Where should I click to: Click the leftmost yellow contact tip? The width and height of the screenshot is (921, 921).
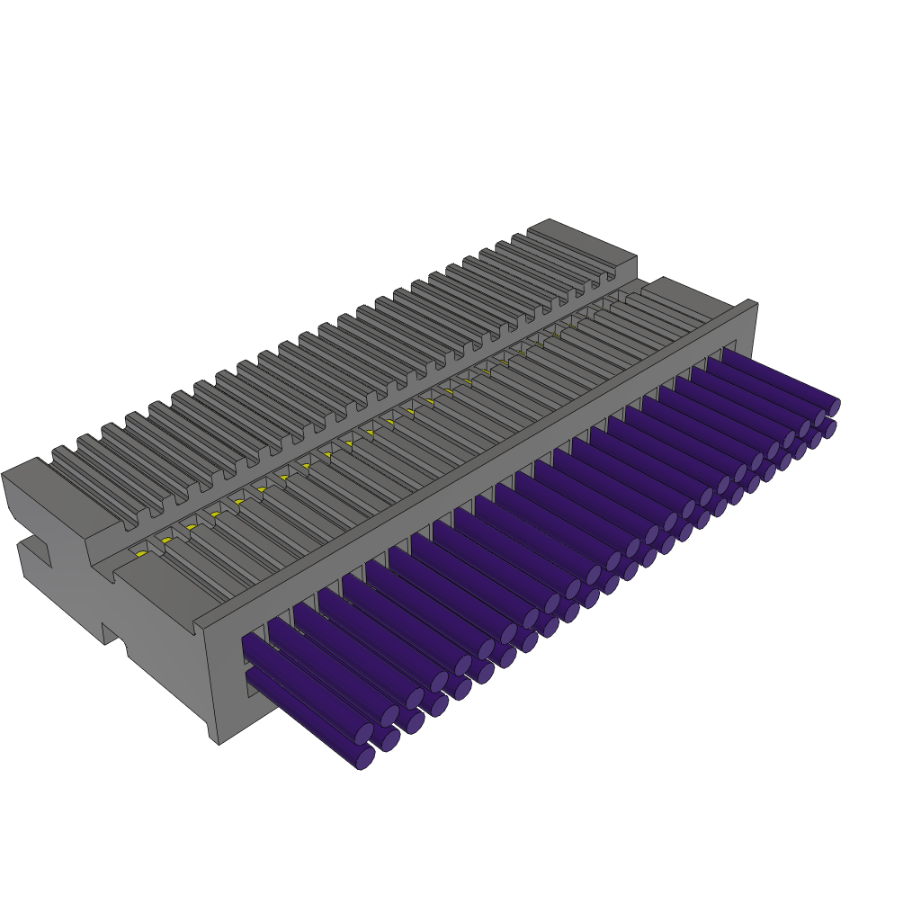[141, 554]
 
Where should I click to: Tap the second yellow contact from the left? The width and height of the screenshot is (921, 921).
[166, 541]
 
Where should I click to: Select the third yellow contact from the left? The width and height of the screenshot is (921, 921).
[191, 527]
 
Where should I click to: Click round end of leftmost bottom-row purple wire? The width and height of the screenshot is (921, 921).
[365, 758]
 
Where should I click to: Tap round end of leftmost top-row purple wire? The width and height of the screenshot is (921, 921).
[363, 734]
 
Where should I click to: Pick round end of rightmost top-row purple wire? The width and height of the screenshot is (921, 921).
[834, 408]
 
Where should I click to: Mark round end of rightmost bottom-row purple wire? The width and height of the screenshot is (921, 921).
[829, 430]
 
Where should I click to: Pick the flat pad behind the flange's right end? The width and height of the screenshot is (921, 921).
[684, 297]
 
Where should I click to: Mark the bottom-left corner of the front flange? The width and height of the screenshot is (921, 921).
[219, 743]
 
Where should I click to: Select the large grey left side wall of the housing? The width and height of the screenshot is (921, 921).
[135, 621]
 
